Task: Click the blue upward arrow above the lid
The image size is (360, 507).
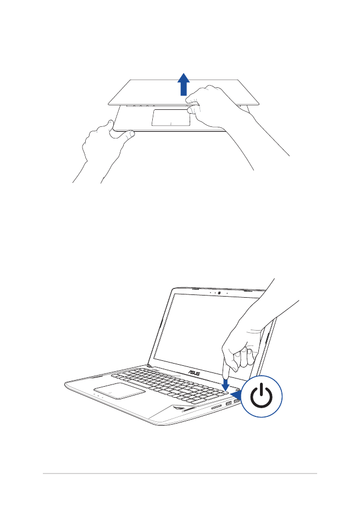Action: pos(184,86)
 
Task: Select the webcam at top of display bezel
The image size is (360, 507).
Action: pos(219,292)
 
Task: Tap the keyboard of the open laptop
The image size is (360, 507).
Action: pos(165,382)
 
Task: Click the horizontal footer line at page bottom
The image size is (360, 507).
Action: pos(180,473)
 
